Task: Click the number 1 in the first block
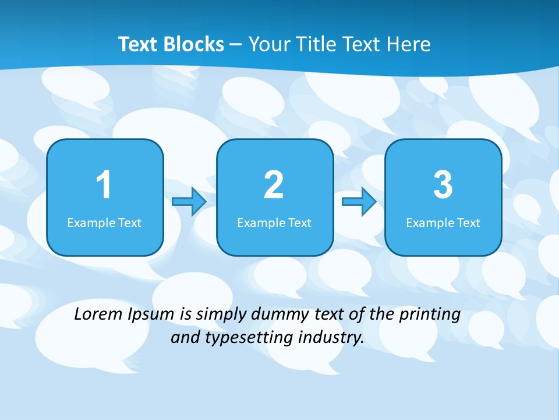(104, 185)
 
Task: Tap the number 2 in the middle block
(274, 185)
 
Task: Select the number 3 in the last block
(443, 185)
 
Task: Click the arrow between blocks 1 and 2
(189, 202)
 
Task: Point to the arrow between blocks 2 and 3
(359, 202)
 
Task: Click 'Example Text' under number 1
(104, 223)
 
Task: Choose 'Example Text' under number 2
(274, 223)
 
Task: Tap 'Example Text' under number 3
(443, 223)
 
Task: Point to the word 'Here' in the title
(409, 44)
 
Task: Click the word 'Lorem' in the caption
(98, 314)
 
